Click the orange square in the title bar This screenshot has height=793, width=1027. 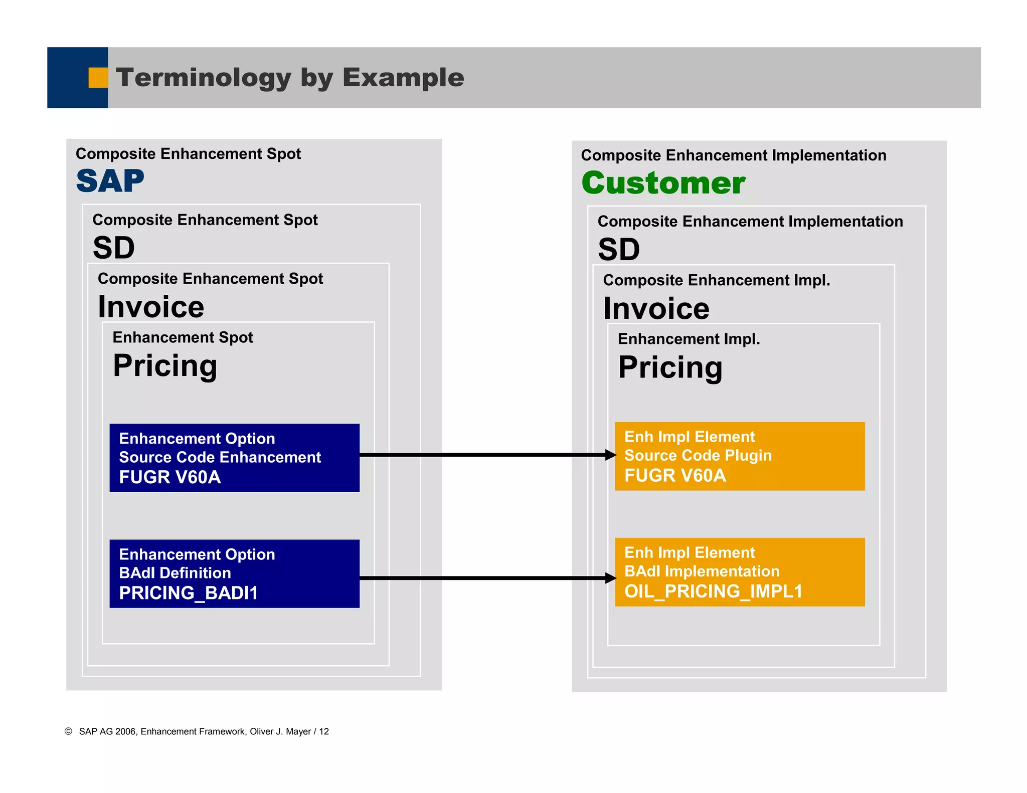point(98,78)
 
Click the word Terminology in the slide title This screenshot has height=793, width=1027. point(203,78)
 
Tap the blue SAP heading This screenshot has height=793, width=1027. point(110,181)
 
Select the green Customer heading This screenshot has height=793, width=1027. point(663,183)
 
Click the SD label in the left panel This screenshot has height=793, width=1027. point(114,248)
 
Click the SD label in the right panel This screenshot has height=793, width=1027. point(619,249)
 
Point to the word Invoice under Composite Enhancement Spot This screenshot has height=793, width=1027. point(151,307)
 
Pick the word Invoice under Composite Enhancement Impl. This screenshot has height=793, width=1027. point(656,308)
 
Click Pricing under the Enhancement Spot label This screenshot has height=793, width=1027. point(165,365)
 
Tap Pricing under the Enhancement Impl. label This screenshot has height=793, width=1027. point(670,367)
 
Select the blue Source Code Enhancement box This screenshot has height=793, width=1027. point(234,458)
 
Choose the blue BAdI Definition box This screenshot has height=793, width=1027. point(234,573)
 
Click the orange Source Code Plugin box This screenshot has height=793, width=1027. point(739,456)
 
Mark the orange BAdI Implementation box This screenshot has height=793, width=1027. point(739,572)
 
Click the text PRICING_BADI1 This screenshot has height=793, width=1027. point(189,593)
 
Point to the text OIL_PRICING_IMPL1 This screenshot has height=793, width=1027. point(713,591)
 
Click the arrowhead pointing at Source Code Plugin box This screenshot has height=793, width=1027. point(610,455)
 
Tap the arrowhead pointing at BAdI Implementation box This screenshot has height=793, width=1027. point(610,578)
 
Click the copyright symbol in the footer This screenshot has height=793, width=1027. point(69,731)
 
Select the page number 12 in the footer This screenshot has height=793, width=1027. point(324,731)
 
